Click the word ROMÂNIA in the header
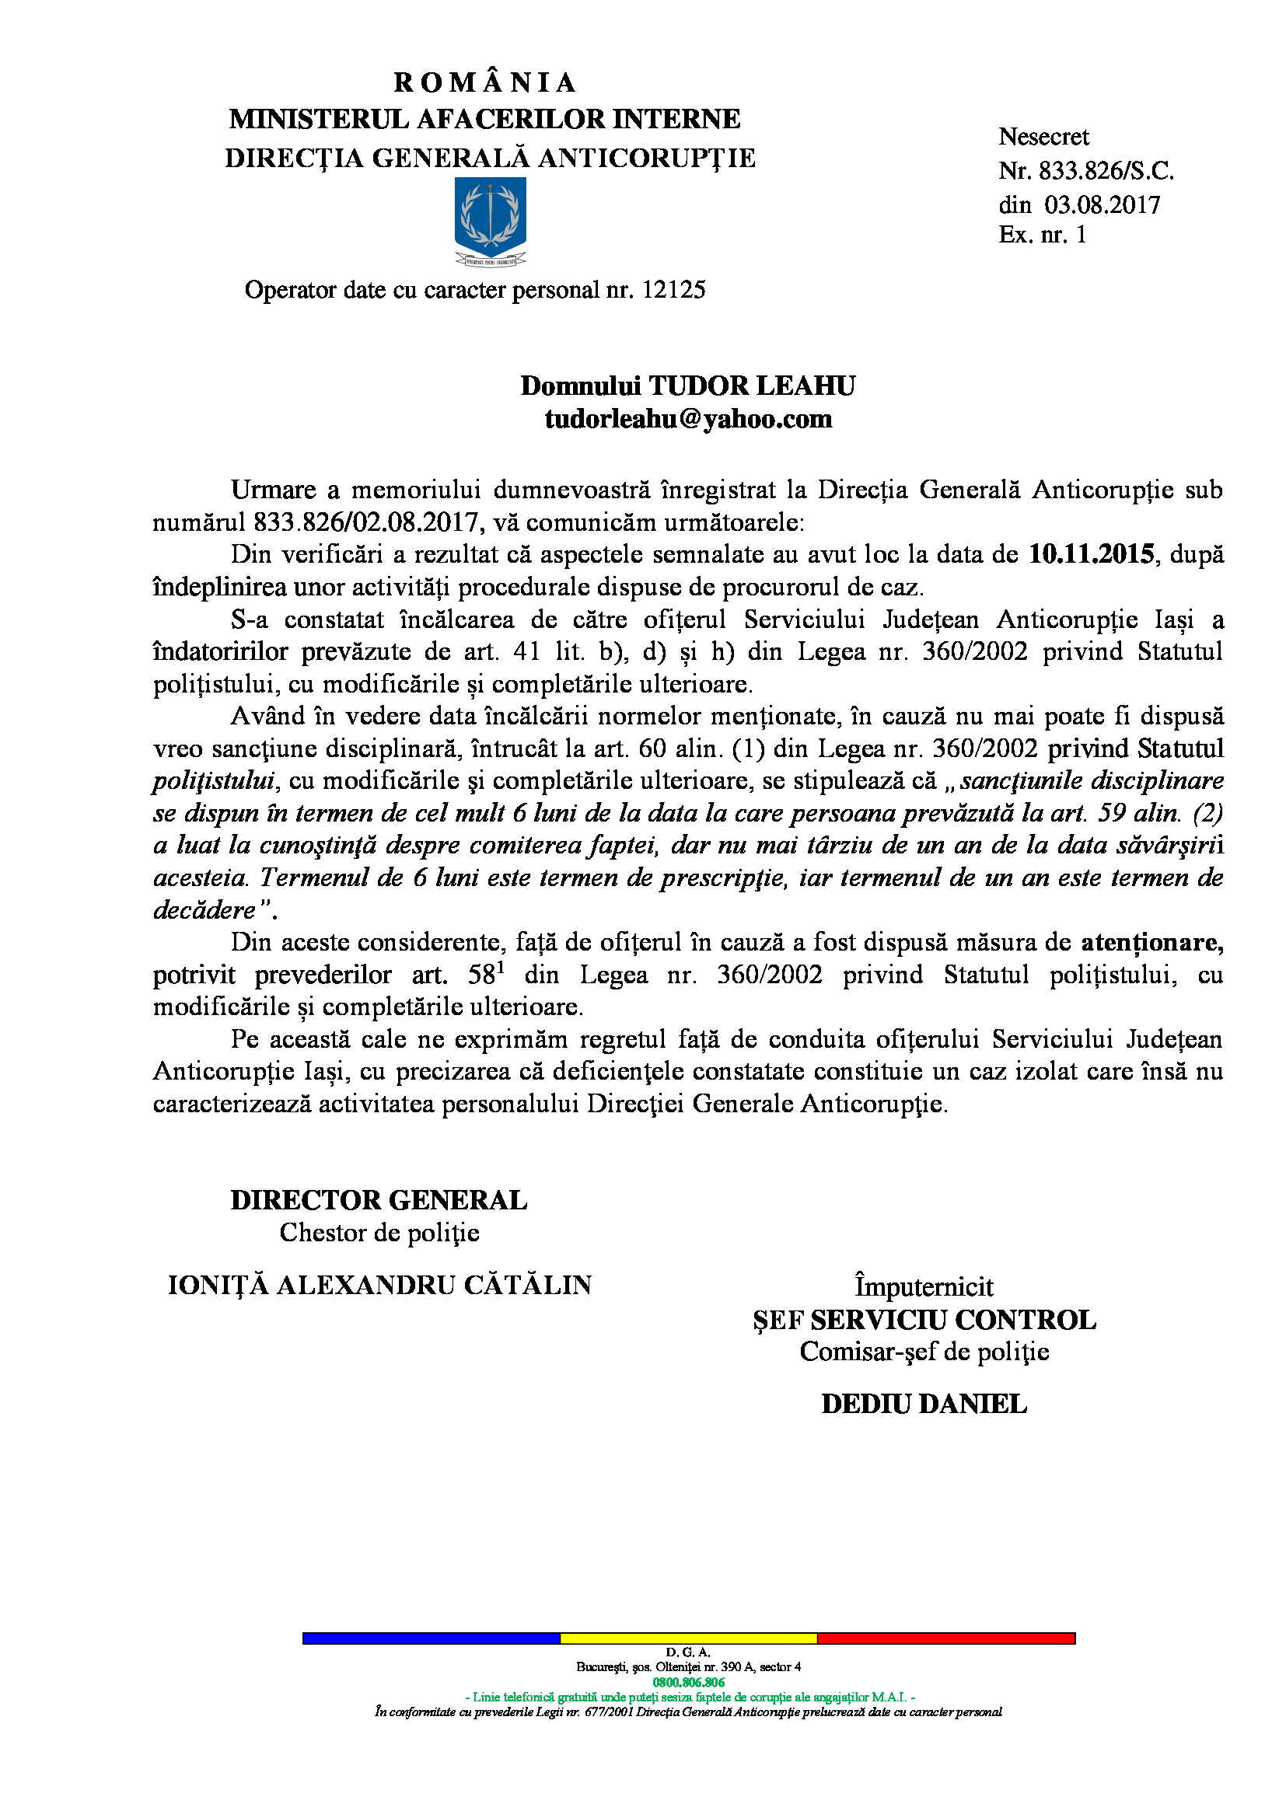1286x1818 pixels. coord(484,82)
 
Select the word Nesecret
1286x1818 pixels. coord(1043,137)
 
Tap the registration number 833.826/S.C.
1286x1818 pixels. coord(1106,171)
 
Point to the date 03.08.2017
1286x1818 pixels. coord(1103,205)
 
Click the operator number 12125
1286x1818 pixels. coord(673,290)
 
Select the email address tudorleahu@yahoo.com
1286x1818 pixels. coord(688,419)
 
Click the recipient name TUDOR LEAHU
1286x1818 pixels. coord(753,386)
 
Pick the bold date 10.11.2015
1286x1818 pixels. coord(1091,554)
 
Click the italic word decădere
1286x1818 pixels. coord(204,911)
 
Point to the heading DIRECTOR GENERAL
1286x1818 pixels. coord(379,1200)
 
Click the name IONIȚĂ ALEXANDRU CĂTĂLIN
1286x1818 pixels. coord(379,1284)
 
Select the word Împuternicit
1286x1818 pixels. coord(924,1286)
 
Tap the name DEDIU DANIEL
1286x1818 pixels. coord(924,1404)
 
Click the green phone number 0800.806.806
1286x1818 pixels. coord(688,1683)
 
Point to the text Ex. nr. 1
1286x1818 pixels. coord(1042,236)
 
